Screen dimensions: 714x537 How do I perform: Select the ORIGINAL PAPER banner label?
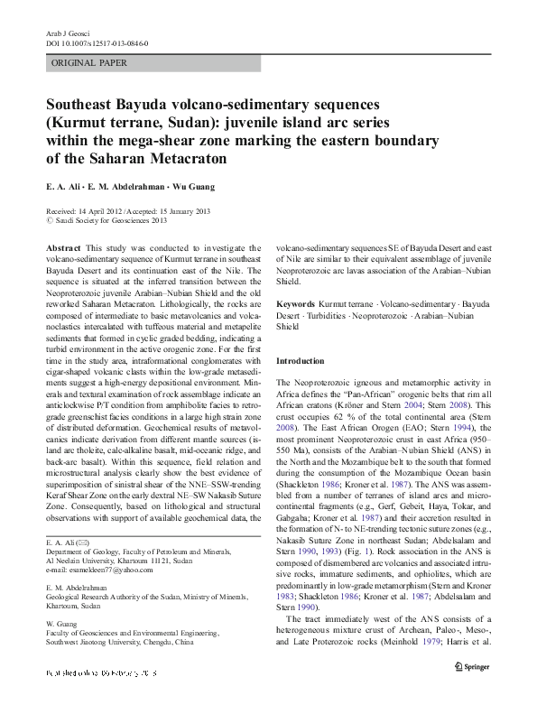88,63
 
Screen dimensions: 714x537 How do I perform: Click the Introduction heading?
299,361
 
